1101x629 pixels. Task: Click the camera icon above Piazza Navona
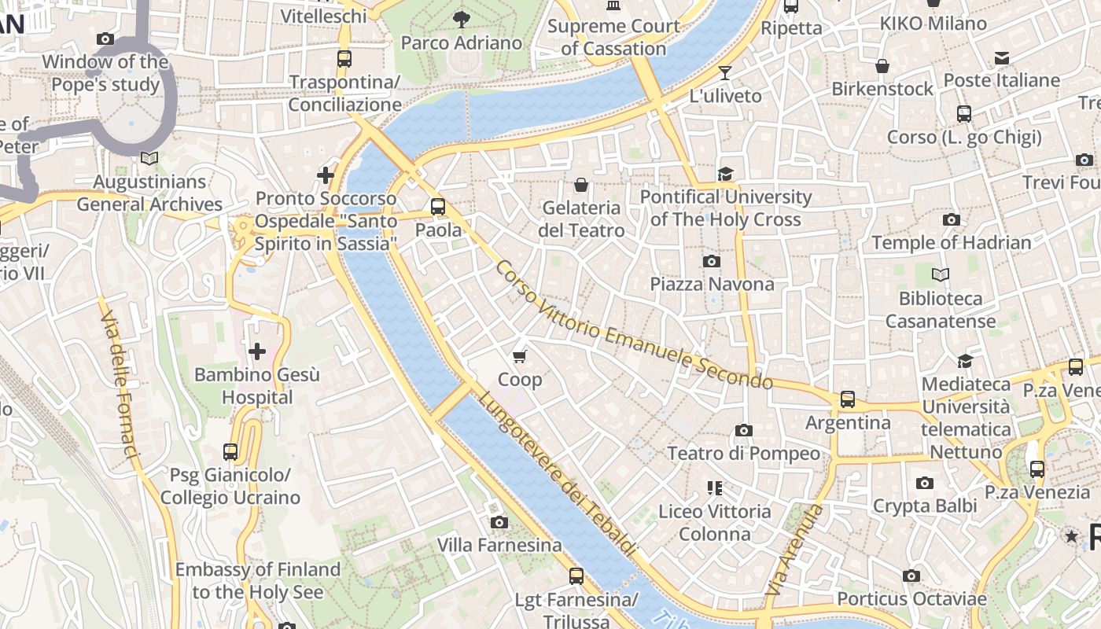tap(711, 261)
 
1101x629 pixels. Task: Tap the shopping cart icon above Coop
tap(519, 357)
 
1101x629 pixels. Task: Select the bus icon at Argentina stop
tap(847, 399)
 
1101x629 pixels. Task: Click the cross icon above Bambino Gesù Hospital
tap(256, 351)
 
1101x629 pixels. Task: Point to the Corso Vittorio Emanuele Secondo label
tap(633, 326)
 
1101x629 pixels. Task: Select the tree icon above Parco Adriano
tap(462, 19)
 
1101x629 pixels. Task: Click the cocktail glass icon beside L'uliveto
tap(725, 73)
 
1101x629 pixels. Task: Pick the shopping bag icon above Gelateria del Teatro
tap(581, 185)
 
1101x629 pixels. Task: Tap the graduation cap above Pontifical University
tap(724, 174)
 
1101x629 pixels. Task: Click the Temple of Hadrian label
tap(951, 242)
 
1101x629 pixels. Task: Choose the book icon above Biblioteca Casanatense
tap(940, 275)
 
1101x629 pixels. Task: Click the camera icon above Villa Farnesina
tap(499, 522)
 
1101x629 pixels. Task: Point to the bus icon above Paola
tap(438, 207)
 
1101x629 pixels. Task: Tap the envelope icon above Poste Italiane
tap(1001, 57)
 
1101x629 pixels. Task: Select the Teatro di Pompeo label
tap(743, 453)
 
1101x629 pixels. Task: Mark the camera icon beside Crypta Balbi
tap(925, 483)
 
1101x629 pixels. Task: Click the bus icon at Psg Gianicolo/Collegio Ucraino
tap(230, 452)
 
